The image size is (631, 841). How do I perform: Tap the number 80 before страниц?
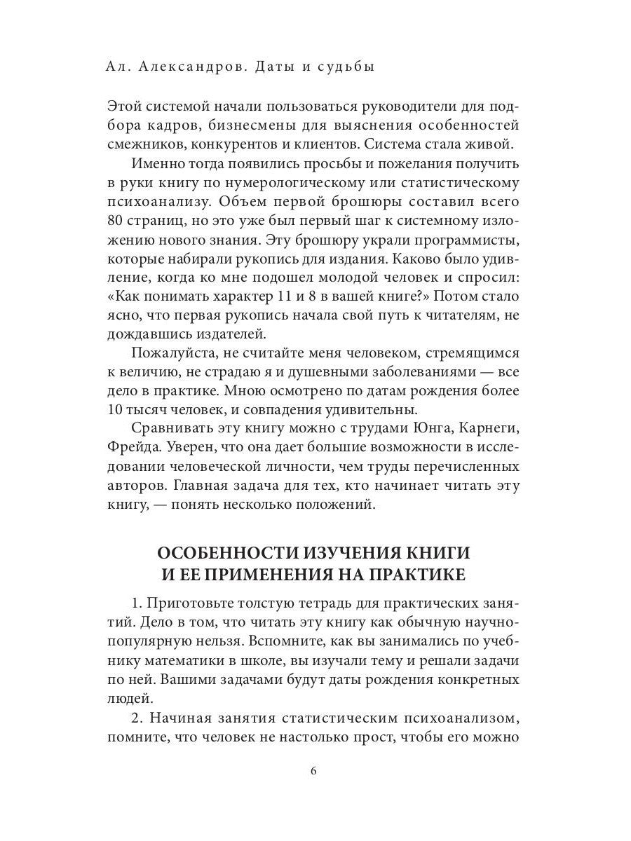[116, 223]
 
